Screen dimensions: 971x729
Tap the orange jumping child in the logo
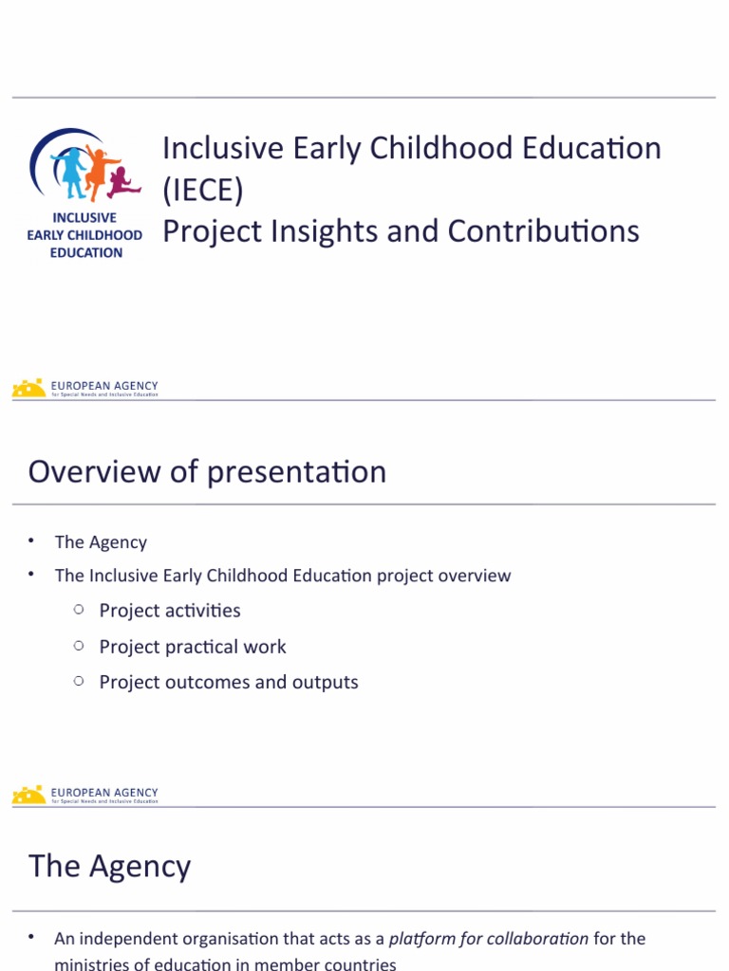[x=98, y=171]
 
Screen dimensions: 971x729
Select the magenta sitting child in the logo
[x=121, y=182]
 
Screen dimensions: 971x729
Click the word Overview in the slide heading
[x=95, y=471]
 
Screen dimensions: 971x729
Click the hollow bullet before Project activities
[x=79, y=610]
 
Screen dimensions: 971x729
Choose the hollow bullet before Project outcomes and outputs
[x=79, y=681]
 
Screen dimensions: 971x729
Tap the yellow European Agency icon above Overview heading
[x=28, y=388]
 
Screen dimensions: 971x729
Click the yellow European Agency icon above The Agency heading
[x=28, y=795]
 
